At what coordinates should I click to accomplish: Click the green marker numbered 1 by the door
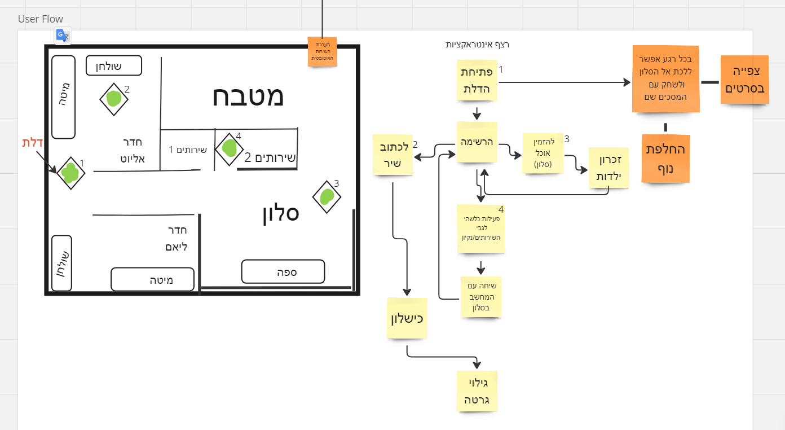pos(70,173)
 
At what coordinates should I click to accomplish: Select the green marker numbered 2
pos(114,99)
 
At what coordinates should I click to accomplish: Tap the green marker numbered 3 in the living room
pos(327,197)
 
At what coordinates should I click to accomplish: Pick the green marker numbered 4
pos(229,148)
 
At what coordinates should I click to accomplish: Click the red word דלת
pos(33,143)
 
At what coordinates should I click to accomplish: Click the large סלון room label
pos(280,213)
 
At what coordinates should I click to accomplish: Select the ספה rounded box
pos(283,271)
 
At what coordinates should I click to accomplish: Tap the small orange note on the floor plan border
pos(322,51)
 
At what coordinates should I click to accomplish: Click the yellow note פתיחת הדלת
pos(477,81)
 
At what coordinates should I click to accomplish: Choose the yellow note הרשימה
pos(477,142)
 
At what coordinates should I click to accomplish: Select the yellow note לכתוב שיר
pos(392,154)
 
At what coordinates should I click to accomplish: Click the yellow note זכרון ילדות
pos(608,168)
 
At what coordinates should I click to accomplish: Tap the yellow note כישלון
pos(407,318)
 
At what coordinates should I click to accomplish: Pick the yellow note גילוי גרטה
pos(477,391)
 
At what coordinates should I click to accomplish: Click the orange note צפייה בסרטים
pos(744,80)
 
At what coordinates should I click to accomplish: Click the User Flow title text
pos(41,19)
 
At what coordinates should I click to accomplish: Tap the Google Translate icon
pos(62,36)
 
